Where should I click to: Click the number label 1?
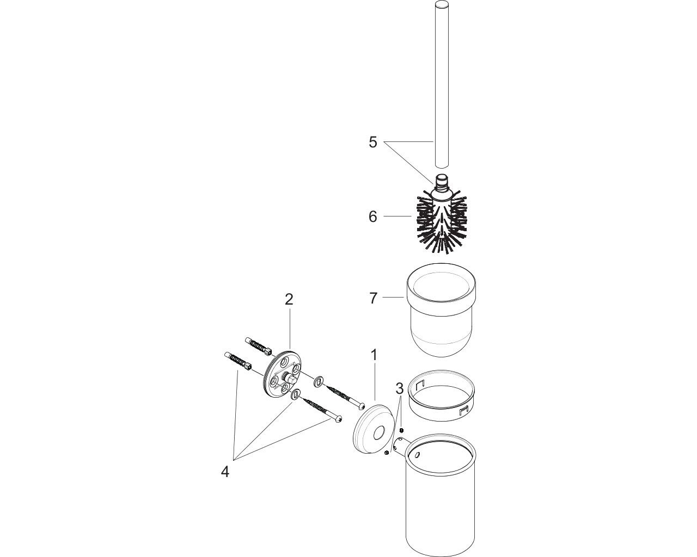click(x=374, y=355)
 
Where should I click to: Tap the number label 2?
click(x=289, y=299)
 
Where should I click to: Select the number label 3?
click(x=400, y=389)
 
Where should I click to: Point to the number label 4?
click(x=225, y=472)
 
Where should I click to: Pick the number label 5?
click(x=373, y=142)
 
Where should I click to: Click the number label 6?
click(x=373, y=216)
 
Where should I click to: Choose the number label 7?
click(x=374, y=298)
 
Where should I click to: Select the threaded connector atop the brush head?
click(x=442, y=182)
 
